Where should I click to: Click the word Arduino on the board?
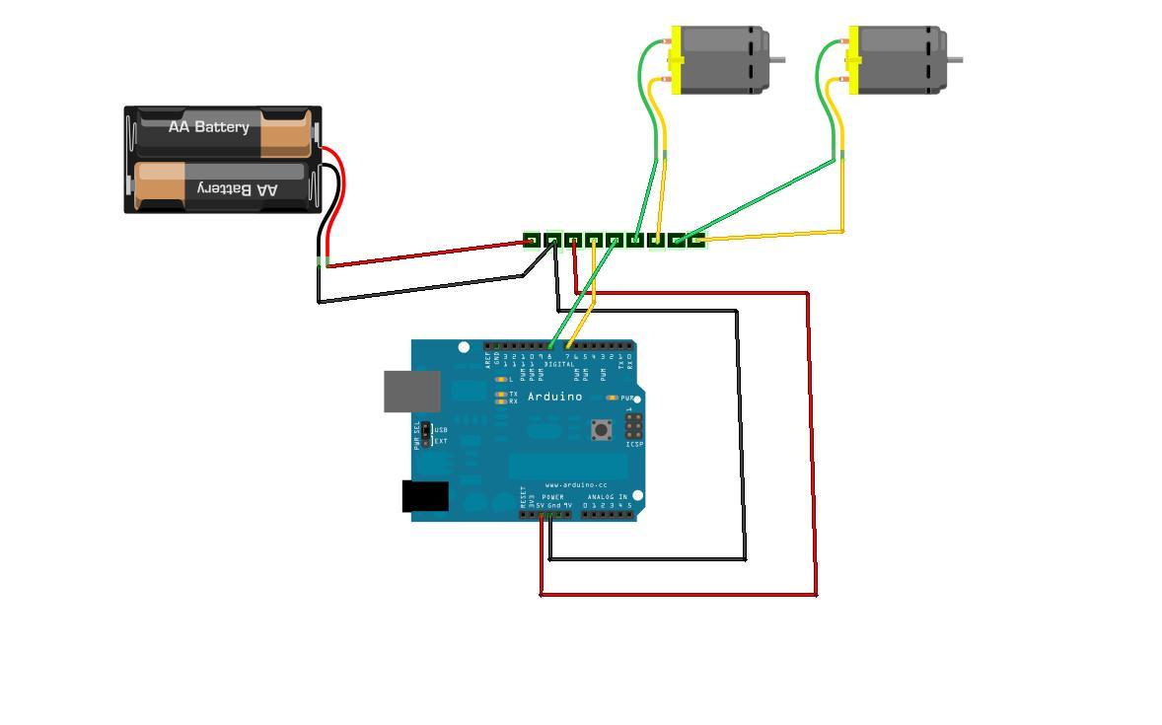pos(554,397)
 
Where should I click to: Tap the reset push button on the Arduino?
pos(601,429)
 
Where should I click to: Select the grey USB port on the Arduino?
pos(412,392)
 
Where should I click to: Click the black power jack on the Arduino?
pos(425,496)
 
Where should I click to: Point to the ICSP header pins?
pos(632,425)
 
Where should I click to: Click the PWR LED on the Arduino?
pos(612,399)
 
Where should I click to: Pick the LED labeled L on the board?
pos(501,380)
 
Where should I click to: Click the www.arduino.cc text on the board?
pos(576,485)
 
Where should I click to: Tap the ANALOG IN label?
pos(607,497)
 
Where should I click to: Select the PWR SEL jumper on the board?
pos(426,434)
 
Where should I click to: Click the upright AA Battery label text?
pos(208,127)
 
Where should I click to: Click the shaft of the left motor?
pos(777,59)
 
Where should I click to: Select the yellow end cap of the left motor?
pos(676,60)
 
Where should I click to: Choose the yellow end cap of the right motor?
pos(853,60)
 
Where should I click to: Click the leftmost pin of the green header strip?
pos(532,241)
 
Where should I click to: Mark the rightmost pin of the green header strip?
pos(696,241)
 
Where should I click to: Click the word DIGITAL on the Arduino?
pos(558,365)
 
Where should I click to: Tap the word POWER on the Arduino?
pos(552,497)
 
